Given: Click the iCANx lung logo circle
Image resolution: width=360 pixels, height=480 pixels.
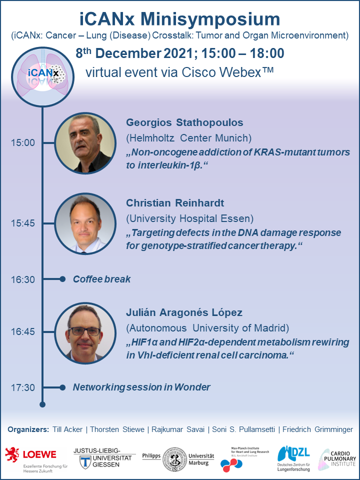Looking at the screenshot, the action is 42,77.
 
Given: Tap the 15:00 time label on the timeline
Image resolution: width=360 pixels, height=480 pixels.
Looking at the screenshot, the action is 23,142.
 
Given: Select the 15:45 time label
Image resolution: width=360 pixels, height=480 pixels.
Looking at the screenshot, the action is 23,223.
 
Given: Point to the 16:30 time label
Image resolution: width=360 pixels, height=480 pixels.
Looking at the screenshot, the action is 23,279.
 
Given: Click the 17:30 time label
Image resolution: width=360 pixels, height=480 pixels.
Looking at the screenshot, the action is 23,387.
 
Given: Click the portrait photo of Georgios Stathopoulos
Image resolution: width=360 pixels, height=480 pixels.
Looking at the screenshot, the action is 85,143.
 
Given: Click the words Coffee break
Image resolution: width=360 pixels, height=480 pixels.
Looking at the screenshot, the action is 101,279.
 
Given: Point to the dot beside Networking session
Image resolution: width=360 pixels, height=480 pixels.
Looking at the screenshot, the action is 62,387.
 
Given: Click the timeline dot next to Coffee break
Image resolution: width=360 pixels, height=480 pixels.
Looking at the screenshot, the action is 62,279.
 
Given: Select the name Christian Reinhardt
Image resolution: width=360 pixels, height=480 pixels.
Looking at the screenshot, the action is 175,203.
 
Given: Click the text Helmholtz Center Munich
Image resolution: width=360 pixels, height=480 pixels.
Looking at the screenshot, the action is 188,138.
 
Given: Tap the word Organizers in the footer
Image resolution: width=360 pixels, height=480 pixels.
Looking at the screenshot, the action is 28,429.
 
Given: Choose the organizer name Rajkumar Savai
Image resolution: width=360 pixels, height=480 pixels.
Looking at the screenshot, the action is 178,429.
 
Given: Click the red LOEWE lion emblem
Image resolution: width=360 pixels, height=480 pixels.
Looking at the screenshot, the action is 12,455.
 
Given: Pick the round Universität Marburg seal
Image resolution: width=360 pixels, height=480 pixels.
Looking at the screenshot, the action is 174,459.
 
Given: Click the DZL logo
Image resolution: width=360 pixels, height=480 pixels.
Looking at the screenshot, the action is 293,458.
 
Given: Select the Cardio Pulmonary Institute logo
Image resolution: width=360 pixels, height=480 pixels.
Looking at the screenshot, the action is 337,459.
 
